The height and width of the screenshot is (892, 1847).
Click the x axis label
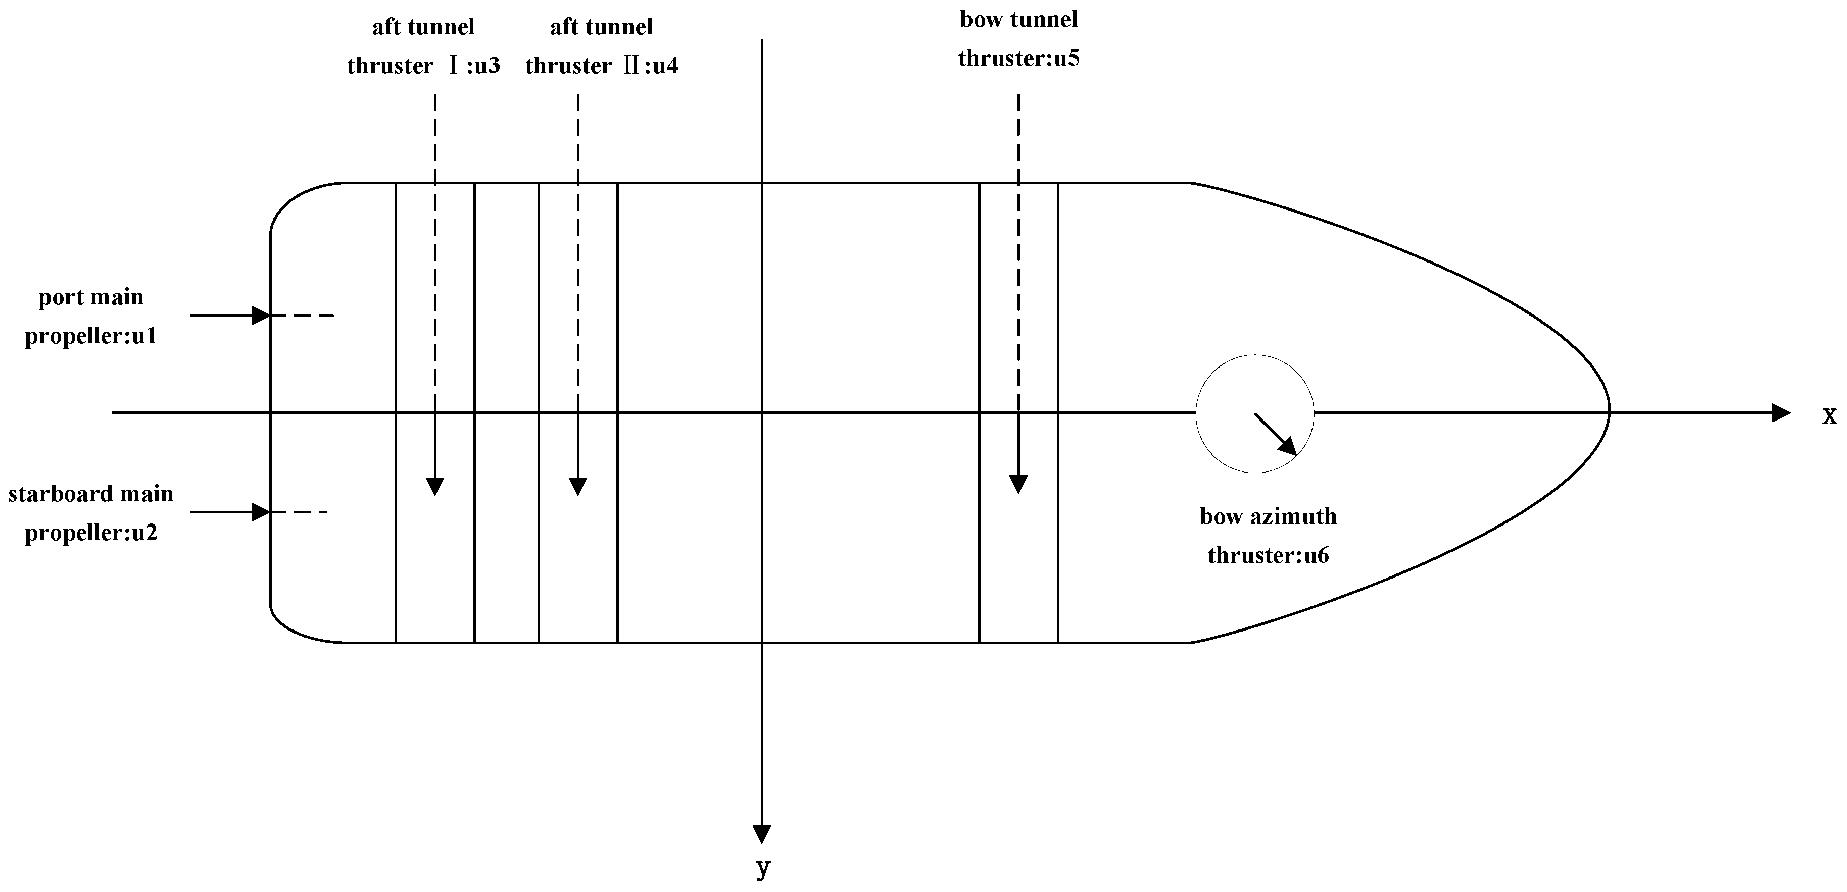(1830, 415)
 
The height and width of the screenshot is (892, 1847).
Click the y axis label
(763, 868)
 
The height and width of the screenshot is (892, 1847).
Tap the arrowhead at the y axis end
(761, 834)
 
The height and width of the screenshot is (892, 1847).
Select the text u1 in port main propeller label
(144, 336)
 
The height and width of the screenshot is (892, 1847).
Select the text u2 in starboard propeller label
(144, 533)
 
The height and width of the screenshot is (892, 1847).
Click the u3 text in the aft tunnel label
(487, 66)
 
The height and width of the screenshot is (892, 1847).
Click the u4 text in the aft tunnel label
(665, 66)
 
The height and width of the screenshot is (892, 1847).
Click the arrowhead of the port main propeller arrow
(261, 315)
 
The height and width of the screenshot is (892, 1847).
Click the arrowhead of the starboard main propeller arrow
(261, 512)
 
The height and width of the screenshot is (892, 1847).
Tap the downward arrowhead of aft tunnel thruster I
(435, 487)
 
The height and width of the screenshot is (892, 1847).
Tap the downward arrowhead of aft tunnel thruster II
(578, 487)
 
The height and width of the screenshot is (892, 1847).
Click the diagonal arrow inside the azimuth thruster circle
(1276, 434)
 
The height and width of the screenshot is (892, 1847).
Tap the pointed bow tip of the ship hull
(1609, 413)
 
